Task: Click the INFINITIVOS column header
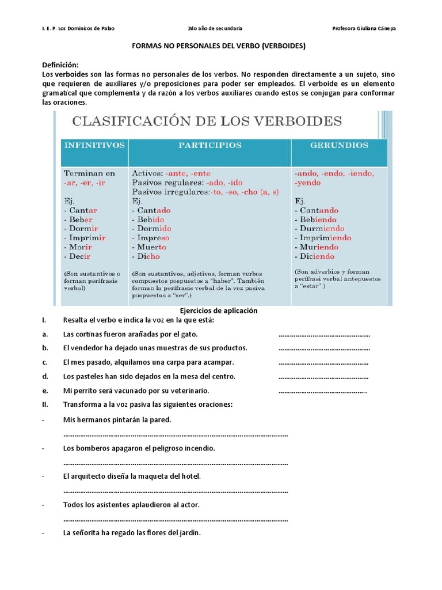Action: (x=94, y=146)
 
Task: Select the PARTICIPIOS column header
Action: (x=209, y=146)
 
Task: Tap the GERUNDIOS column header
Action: (x=339, y=146)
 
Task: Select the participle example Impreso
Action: (x=153, y=237)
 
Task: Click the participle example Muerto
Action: (x=153, y=247)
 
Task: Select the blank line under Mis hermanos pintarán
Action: (x=175, y=435)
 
